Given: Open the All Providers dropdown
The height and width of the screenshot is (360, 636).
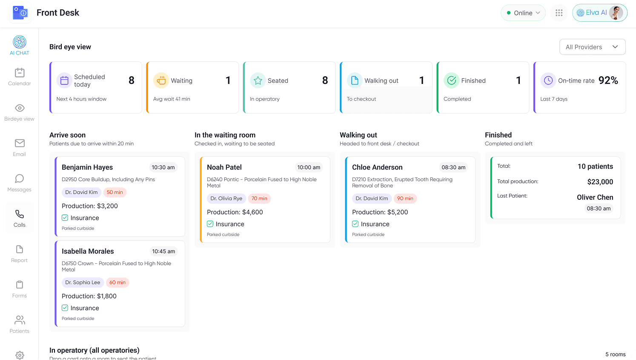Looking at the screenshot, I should click(592, 47).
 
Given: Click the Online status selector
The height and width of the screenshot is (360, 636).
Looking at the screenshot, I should click(523, 13).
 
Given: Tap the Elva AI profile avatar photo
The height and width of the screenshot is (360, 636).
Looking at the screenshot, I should click(616, 13).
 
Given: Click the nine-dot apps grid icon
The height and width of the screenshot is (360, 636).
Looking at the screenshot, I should click(559, 13).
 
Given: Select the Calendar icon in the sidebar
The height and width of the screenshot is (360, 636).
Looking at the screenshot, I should click(20, 73).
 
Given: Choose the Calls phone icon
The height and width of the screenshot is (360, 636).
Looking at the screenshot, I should click(20, 214).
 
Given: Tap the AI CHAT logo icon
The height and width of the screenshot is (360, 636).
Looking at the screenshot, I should click(20, 42).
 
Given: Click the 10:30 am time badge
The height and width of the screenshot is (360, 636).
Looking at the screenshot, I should click(163, 167).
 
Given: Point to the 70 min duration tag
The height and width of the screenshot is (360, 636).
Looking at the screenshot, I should click(259, 199).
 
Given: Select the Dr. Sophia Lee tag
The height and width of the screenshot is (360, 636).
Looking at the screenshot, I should click(83, 282).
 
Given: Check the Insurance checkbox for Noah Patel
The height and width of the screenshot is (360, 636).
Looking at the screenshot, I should click(210, 224).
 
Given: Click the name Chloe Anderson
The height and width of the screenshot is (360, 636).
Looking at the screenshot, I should click(377, 167).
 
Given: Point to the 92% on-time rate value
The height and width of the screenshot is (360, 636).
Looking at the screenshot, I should click(608, 81).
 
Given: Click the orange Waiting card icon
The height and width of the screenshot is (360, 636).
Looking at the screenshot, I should click(161, 81).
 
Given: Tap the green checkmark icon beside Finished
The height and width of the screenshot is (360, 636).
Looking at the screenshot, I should click(451, 81).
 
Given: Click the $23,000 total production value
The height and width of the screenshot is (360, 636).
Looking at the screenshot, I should click(600, 182).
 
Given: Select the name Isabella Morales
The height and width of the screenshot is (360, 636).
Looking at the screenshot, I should click(88, 251).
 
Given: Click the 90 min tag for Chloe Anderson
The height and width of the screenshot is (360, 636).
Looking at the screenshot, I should click(405, 199).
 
